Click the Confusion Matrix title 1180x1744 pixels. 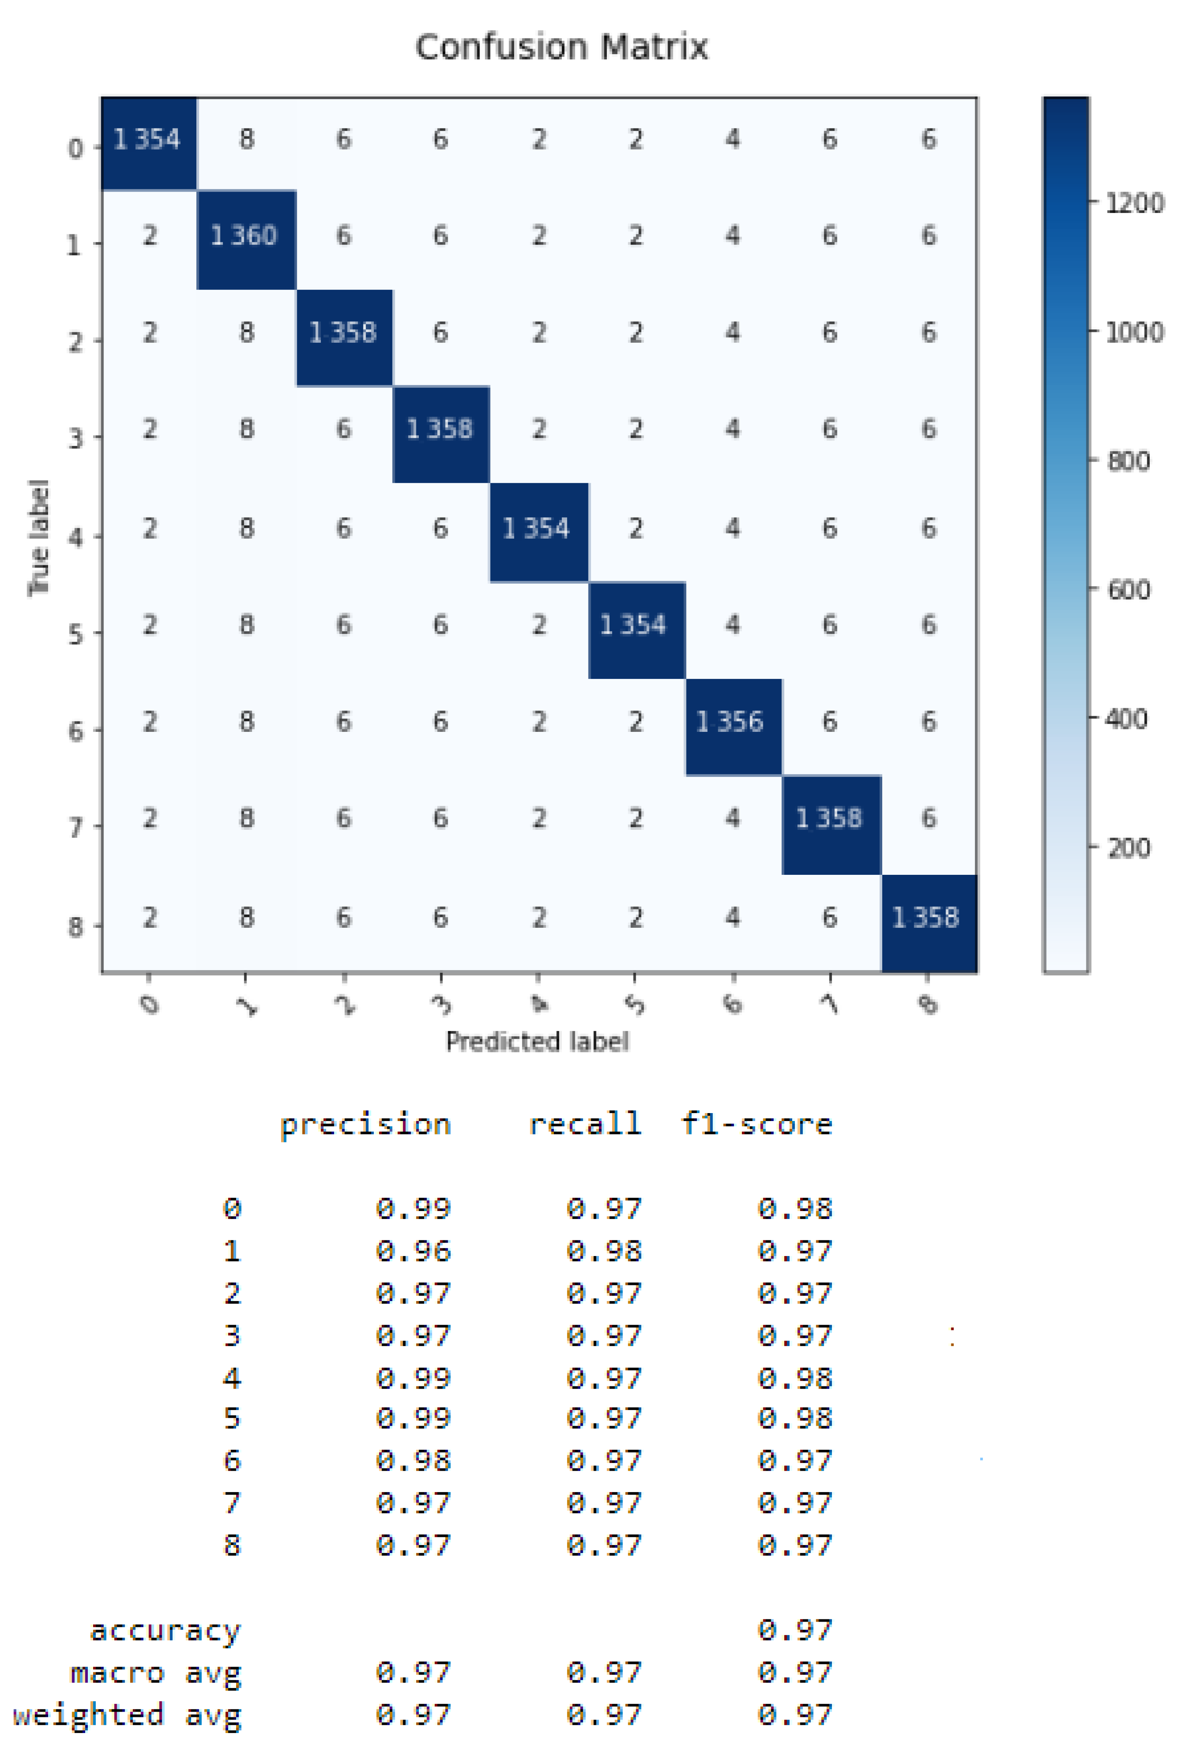tap(561, 47)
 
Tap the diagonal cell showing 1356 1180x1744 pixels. tap(731, 722)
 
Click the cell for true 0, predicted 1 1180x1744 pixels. tap(246, 139)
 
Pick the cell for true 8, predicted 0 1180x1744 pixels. tap(150, 917)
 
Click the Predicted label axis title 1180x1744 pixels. tap(537, 1041)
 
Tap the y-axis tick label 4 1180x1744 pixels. tap(75, 537)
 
